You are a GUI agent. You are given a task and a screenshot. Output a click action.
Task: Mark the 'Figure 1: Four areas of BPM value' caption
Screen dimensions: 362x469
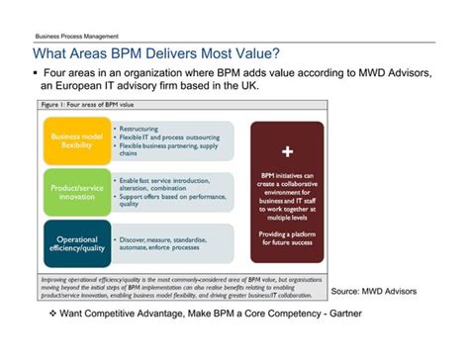[85, 104]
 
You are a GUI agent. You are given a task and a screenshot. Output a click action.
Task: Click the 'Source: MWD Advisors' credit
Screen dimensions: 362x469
[374, 291]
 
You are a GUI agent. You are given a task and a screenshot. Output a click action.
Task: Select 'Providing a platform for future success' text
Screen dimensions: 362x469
[287, 238]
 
